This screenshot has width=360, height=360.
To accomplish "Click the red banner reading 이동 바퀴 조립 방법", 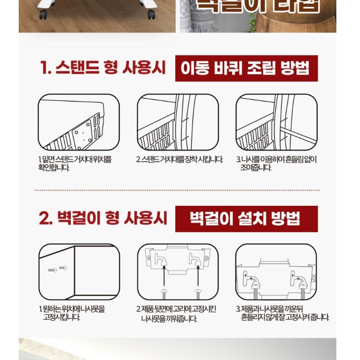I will [x=246, y=68].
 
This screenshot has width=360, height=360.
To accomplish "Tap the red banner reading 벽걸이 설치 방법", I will [x=246, y=219].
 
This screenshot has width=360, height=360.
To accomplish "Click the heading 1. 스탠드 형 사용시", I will [x=102, y=68].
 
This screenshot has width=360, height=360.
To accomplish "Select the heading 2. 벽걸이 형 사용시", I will [x=102, y=218].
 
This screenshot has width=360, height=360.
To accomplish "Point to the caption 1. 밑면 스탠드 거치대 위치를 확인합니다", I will [x=75, y=164].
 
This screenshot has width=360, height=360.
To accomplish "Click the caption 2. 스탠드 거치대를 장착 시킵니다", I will [x=179, y=160].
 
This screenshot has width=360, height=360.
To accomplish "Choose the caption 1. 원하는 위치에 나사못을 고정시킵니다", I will [x=72, y=313].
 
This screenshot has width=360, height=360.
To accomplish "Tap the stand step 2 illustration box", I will [x=177, y=122].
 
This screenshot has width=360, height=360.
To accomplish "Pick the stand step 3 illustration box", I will [x=276, y=122].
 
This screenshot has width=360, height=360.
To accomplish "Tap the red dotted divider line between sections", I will [x=177, y=190].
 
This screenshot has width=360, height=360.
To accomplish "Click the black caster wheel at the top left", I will [x=43, y=15].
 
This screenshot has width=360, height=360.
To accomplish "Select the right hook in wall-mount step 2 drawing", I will [x=196, y=260].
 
